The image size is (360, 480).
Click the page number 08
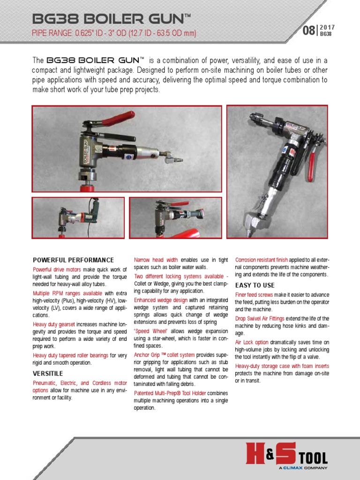(x=309, y=31)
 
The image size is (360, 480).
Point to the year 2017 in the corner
(x=327, y=27)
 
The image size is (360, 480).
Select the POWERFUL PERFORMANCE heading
(x=73, y=260)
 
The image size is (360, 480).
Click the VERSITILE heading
(x=48, y=374)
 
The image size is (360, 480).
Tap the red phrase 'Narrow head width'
(x=156, y=260)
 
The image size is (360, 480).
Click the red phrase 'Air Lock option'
(x=252, y=342)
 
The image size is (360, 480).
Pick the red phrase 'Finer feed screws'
(x=254, y=295)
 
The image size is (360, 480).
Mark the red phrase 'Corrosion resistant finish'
(x=262, y=260)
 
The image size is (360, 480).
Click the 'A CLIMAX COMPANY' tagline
(x=303, y=467)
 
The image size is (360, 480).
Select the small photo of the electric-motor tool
(x=78, y=217)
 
